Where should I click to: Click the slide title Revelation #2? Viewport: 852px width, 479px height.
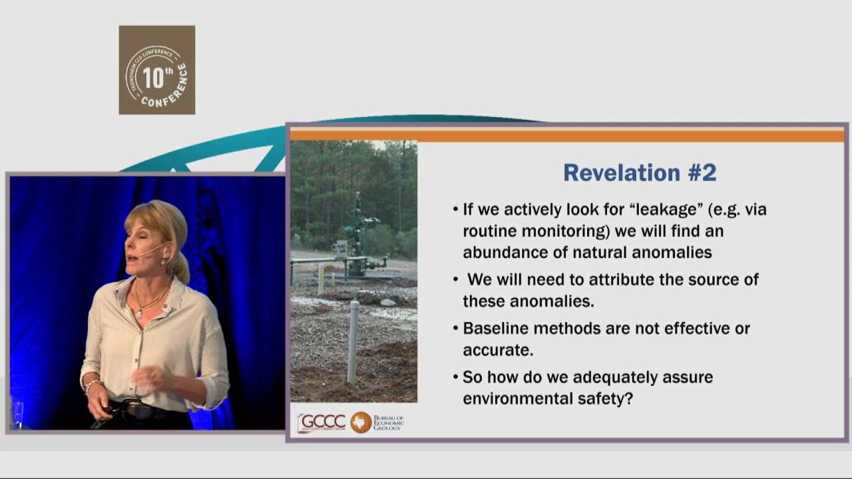640,173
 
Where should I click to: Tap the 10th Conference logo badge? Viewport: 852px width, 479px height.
157,70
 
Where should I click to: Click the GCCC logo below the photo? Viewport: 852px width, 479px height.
322,422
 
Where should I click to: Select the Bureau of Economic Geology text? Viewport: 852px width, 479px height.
389,422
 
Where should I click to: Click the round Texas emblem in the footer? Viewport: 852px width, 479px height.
361,422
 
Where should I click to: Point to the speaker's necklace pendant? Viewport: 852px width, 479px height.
138,311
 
